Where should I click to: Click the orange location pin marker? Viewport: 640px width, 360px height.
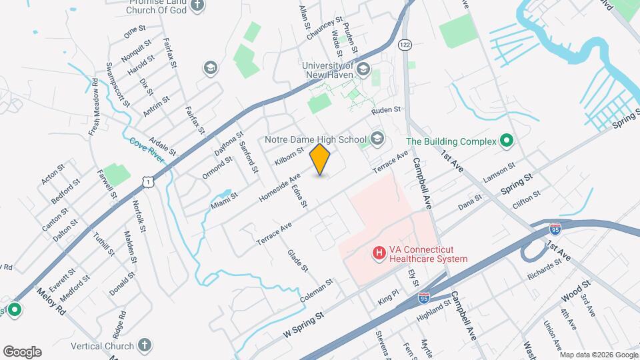pyautogui.click(x=321, y=159)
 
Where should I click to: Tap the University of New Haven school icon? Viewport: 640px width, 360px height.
pyautogui.click(x=363, y=69)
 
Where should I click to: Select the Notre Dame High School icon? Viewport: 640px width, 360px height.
pyautogui.click(x=377, y=139)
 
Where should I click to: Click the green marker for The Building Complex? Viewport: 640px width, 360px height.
pyautogui.click(x=506, y=141)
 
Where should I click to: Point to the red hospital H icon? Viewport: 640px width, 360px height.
pyautogui.click(x=379, y=253)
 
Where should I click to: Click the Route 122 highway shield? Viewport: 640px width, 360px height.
pyautogui.click(x=404, y=44)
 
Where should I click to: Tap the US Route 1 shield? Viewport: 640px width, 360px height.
pyautogui.click(x=148, y=180)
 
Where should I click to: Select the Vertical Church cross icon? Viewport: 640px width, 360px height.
pyautogui.click(x=144, y=345)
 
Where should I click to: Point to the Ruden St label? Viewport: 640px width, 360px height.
pyautogui.click(x=386, y=109)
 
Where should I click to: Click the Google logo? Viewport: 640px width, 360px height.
pyautogui.click(x=22, y=352)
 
